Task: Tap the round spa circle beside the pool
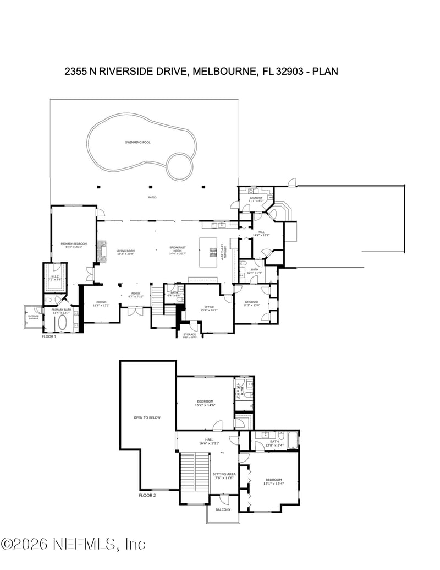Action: [x=180, y=165]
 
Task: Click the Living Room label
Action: [x=125, y=252]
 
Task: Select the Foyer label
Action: [x=135, y=295]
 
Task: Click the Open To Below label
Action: [x=147, y=417]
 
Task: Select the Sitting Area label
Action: [x=224, y=475]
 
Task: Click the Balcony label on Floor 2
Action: [x=223, y=509]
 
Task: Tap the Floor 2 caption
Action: [x=147, y=495]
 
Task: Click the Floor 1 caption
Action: [x=50, y=336]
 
